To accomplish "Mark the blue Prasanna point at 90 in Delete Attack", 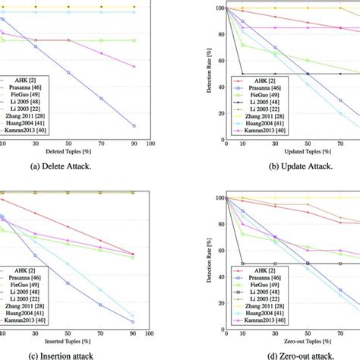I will [134, 126].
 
